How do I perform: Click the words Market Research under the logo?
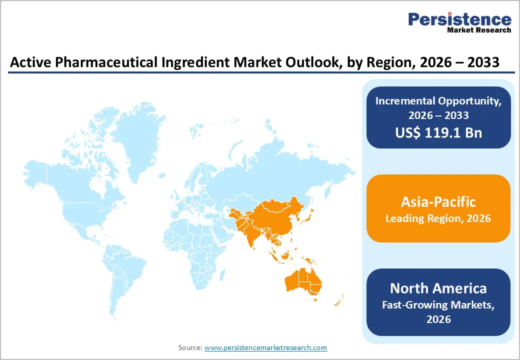(479, 30)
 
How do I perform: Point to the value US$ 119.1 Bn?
(438, 132)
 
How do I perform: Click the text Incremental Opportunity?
(438, 100)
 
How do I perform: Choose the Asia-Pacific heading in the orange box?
(438, 201)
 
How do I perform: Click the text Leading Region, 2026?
(438, 219)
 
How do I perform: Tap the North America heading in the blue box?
(438, 288)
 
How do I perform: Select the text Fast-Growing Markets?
(438, 304)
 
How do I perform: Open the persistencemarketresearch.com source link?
(265, 347)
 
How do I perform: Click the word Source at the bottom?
(190, 347)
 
